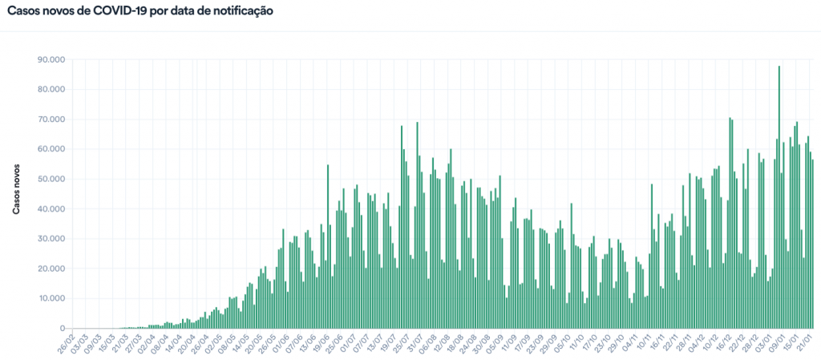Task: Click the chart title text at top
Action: [x=140, y=11]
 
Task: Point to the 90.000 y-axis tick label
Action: [x=51, y=59]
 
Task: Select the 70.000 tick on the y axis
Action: [x=51, y=119]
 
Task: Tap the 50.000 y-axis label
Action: [x=51, y=179]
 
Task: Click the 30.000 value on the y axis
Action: [x=51, y=239]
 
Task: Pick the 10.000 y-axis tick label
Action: [x=51, y=298]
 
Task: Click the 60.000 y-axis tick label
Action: [x=51, y=149]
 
